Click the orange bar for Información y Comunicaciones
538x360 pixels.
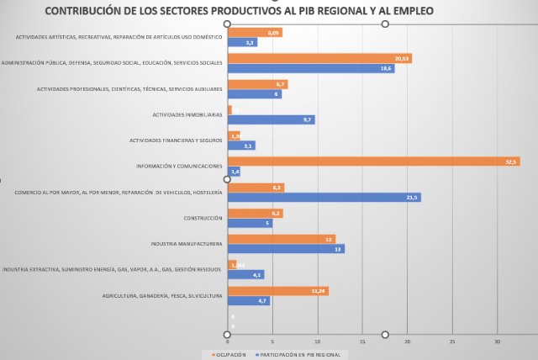pos(373,161)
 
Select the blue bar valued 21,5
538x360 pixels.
pos(324,198)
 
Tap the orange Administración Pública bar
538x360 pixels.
pos(319,58)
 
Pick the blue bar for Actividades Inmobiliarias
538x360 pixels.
pos(271,119)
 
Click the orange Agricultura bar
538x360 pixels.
pos(277,291)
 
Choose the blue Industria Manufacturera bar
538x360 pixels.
pos(286,249)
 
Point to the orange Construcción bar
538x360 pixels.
pos(255,214)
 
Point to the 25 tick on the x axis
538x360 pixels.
pos(452,341)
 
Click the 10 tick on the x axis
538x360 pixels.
pos(317,341)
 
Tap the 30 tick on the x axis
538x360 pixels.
pos(497,341)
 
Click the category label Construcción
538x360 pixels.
pos(203,218)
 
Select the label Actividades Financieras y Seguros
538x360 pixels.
pos(176,140)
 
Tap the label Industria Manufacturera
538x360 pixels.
pos(187,244)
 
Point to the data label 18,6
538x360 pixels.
pos(386,68)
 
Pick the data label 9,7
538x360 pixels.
pos(308,119)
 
